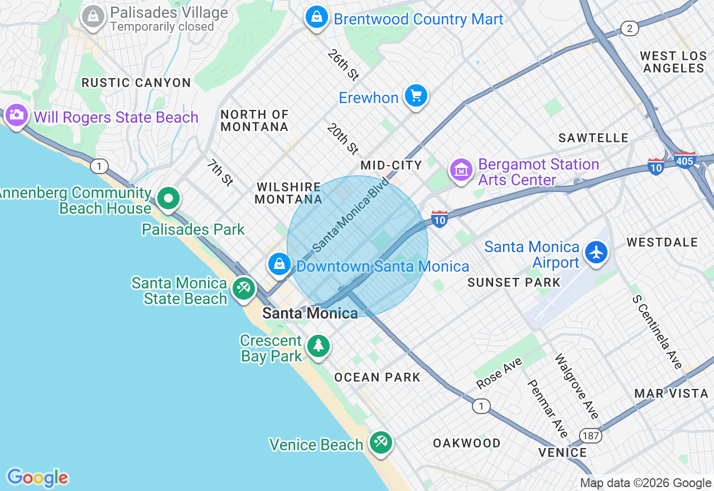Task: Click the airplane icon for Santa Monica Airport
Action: [596, 252]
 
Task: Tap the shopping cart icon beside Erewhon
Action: [416, 95]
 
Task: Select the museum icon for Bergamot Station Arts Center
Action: [461, 170]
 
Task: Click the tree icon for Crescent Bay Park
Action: [318, 345]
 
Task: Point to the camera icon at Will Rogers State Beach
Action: [16, 115]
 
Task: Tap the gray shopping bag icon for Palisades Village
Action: [93, 17]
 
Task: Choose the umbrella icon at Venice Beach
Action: [381, 443]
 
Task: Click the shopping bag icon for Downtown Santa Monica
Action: [279, 263]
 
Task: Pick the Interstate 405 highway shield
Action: [684, 160]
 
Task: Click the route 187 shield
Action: [590, 435]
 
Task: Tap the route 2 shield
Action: [629, 29]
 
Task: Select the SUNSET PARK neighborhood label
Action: [514, 282]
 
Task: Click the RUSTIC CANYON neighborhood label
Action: [136, 83]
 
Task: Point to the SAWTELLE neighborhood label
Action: [594, 138]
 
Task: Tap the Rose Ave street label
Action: [499, 373]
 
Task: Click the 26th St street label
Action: [342, 64]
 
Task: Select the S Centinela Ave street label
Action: [657, 331]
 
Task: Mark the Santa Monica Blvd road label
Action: [350, 215]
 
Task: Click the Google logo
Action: [37, 478]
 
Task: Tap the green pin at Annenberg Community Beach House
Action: [168, 198]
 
